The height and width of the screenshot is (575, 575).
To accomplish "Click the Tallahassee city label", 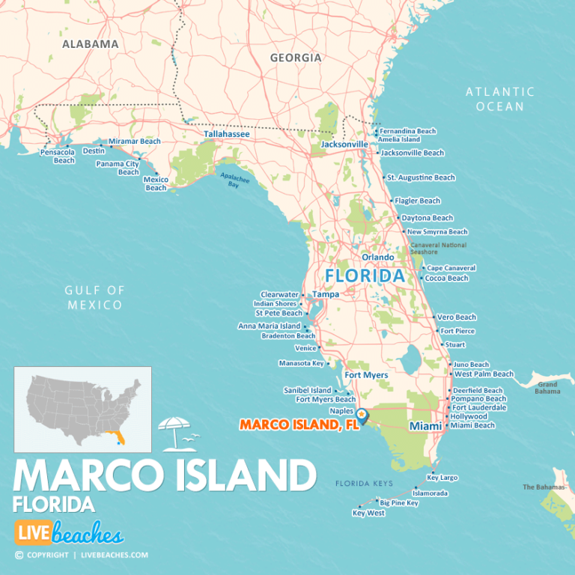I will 227,134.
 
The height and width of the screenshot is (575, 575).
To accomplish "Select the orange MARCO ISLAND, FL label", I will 299,425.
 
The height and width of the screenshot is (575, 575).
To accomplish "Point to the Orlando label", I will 377,257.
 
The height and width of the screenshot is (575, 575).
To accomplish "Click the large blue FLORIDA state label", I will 365,276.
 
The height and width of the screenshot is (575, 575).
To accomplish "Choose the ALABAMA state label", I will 90,44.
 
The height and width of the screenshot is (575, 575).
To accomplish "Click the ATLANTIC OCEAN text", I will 500,99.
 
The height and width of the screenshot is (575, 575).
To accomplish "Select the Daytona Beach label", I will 427,218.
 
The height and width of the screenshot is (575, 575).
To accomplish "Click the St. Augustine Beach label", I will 421,177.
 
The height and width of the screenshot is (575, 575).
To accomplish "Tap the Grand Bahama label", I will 547,387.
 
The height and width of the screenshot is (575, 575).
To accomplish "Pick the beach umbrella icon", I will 174,432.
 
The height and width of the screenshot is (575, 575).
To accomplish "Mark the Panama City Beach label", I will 118,168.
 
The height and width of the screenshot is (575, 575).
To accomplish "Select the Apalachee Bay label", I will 234,180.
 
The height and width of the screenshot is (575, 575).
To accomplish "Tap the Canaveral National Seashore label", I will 437,249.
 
